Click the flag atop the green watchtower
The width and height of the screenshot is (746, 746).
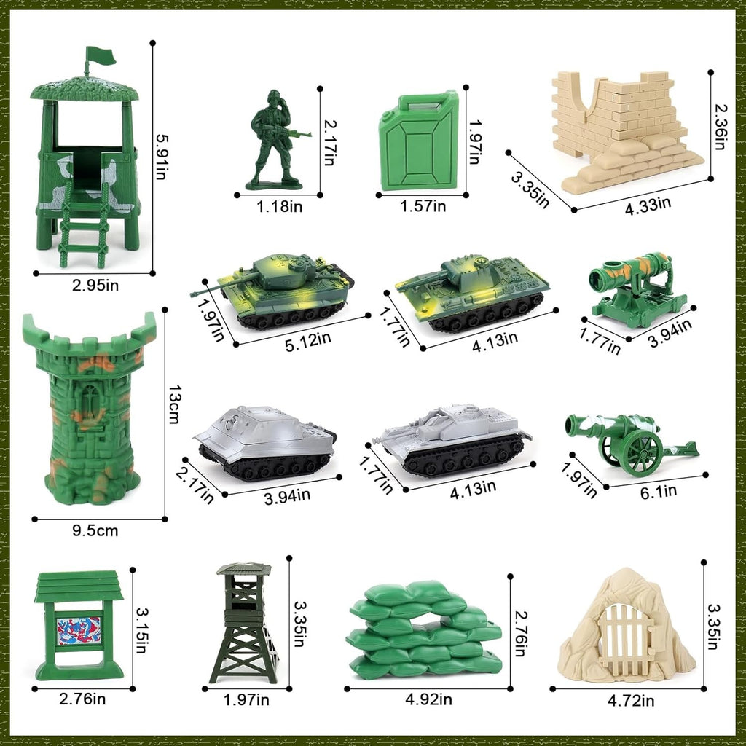pos(101,55)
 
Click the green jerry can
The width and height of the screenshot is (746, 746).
pos(419,141)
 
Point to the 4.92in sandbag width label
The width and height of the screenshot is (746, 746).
pos(428,700)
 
